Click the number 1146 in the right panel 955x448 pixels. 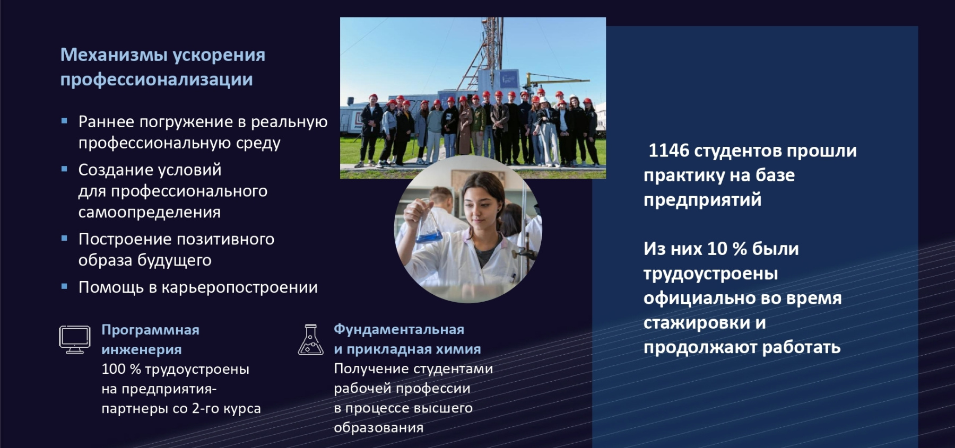668,151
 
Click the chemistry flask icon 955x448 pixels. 310,340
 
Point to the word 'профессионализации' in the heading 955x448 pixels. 156,80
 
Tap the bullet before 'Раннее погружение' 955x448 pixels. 64,121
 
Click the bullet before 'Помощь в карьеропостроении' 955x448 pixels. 64,286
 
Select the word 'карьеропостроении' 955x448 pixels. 239,287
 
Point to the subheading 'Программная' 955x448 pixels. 150,330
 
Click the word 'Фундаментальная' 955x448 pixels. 398,329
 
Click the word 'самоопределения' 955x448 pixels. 149,213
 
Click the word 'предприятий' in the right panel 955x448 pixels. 702,200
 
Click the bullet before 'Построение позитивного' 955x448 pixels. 64,239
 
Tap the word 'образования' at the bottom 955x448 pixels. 378,428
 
